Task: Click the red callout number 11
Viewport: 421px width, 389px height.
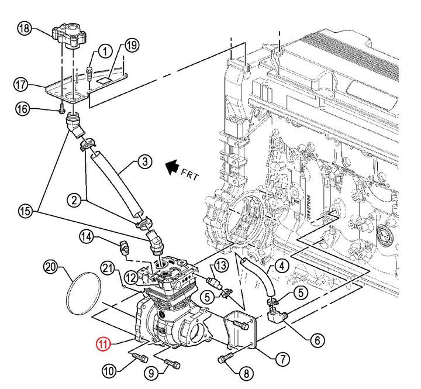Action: (103, 344)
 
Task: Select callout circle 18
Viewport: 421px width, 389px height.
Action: (25, 28)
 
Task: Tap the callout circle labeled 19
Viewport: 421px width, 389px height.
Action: (132, 46)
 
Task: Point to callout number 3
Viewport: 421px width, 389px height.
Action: (145, 161)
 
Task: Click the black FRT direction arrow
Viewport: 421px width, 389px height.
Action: (172, 167)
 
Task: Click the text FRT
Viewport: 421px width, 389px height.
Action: (190, 174)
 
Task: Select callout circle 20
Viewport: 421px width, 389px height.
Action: (51, 267)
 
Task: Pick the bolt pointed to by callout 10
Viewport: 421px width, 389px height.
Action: (140, 357)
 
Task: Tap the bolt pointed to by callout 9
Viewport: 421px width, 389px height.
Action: (172, 364)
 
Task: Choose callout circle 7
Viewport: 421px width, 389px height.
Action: (282, 359)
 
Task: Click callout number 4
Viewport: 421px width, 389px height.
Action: (282, 266)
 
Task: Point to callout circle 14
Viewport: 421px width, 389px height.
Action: (86, 237)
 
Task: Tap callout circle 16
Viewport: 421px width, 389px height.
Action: (23, 109)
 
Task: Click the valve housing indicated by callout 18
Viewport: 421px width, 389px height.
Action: (69, 36)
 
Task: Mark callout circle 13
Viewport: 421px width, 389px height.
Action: (220, 266)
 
